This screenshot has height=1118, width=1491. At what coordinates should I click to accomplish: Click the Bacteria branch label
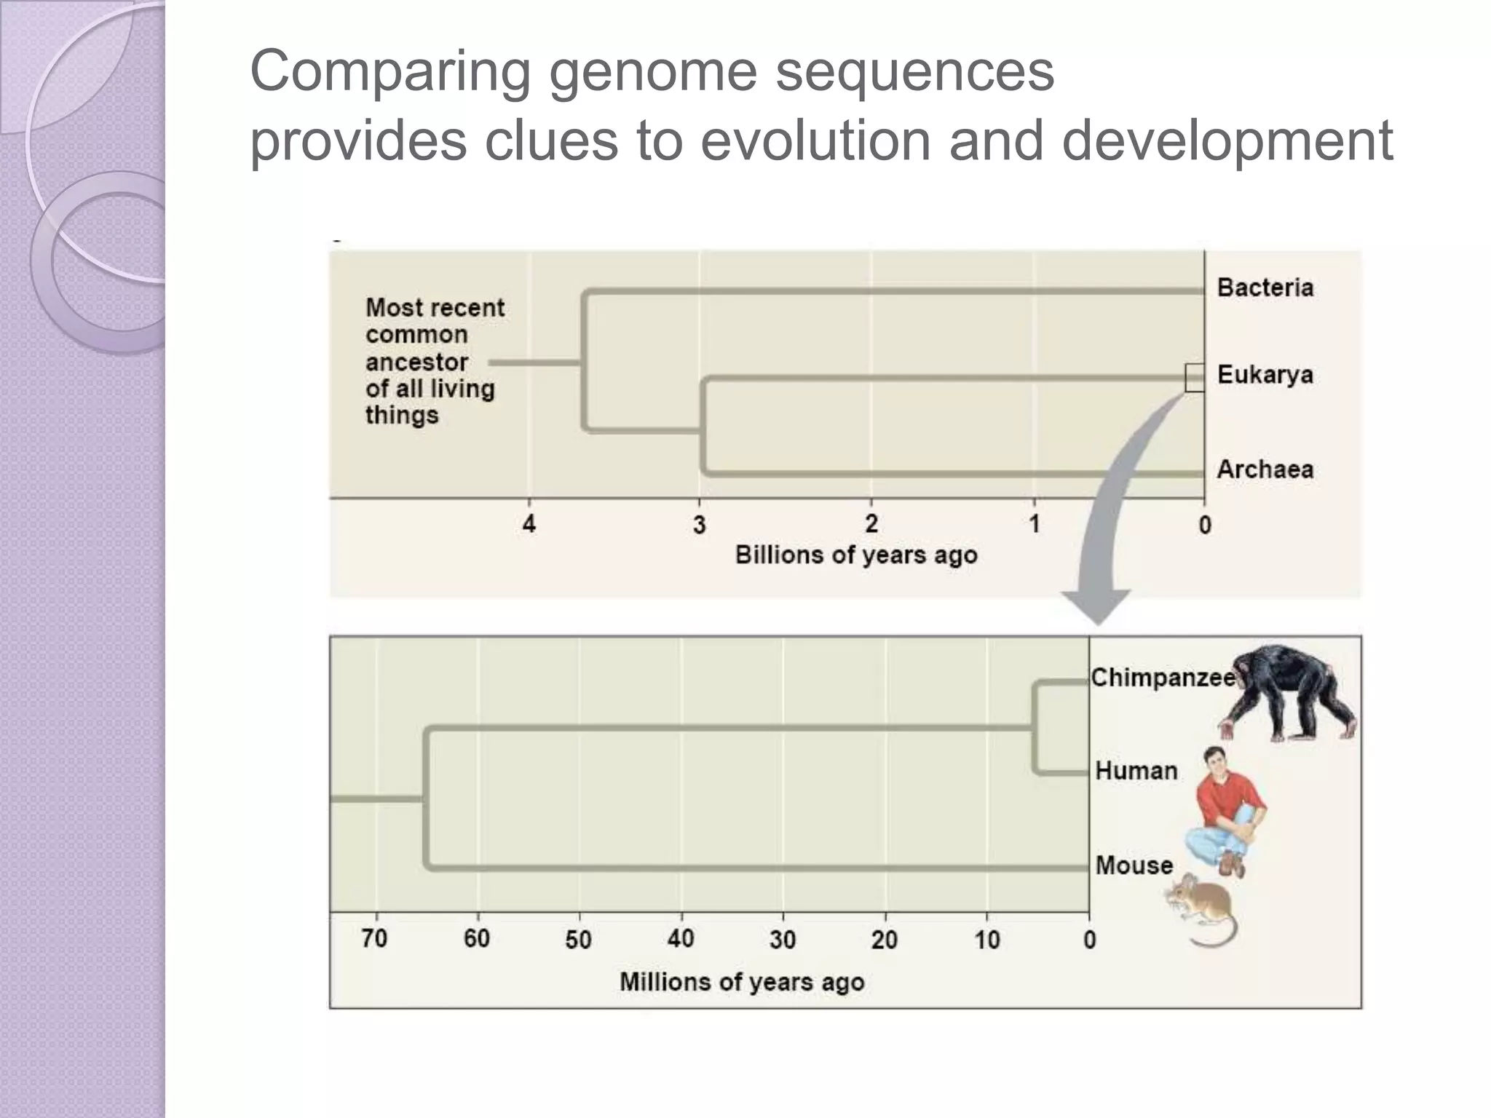1265,288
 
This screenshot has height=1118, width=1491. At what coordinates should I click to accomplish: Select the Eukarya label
1265,375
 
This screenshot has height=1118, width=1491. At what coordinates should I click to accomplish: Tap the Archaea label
1265,469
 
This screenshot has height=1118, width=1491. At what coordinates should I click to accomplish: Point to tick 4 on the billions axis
529,523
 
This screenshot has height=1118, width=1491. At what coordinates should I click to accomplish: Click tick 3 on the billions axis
700,524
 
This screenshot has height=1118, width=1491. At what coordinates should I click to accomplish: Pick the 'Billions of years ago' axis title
856,555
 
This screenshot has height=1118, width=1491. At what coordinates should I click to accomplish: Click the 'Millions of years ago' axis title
742,982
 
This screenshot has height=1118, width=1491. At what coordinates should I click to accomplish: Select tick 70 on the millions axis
374,939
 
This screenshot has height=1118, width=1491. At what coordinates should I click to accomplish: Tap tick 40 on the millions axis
681,939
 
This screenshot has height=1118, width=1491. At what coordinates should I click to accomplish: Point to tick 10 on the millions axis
987,940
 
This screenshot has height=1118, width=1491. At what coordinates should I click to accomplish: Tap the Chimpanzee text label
1163,678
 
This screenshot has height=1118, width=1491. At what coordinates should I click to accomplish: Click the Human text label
1136,771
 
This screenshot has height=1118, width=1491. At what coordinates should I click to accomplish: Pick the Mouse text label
1134,865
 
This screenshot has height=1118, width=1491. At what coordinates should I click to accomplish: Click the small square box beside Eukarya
1195,378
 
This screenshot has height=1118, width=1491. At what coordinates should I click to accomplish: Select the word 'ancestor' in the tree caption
416,362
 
